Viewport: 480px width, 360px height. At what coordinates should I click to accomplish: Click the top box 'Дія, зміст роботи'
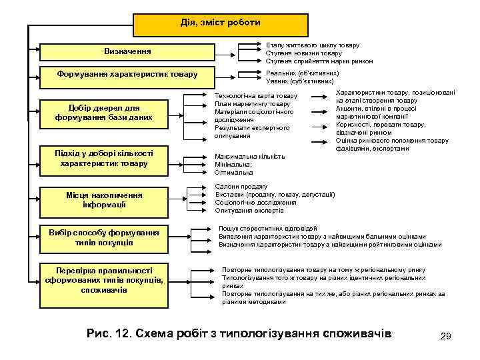pyautogui.click(x=221, y=24)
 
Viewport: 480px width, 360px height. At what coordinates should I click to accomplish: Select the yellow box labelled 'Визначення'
pyautogui.click(x=127, y=51)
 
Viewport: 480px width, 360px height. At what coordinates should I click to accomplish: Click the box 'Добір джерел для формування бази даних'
pyautogui.click(x=105, y=113)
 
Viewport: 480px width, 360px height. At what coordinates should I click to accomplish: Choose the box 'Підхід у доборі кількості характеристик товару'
pyautogui.click(x=104, y=158)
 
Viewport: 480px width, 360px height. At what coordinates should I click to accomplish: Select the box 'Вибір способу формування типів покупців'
pyautogui.click(x=104, y=237)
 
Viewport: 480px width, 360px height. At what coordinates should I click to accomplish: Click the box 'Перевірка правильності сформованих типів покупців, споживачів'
pyautogui.click(x=104, y=280)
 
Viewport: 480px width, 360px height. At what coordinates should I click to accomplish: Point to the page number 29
pyautogui.click(x=446, y=337)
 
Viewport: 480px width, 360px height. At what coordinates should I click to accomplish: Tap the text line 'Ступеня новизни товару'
pyautogui.click(x=303, y=53)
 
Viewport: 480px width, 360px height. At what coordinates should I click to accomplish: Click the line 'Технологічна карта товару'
pyautogui.click(x=256, y=96)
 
